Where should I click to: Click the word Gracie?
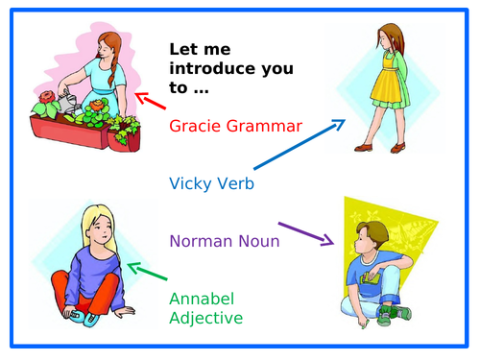(x=195, y=126)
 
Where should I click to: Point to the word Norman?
(x=204, y=241)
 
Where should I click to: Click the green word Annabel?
(x=203, y=300)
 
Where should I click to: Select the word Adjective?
(x=205, y=318)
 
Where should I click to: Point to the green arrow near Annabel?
(x=147, y=273)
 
